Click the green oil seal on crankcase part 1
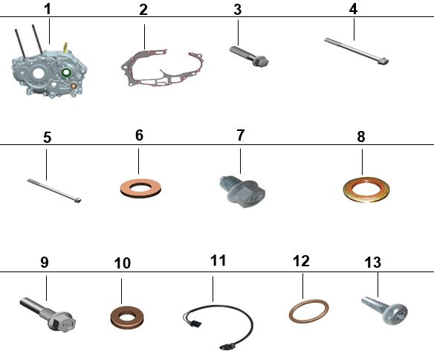[66, 73]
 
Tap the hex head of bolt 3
[260, 61]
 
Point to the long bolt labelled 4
[357, 51]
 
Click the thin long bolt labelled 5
[54, 190]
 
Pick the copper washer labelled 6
[141, 188]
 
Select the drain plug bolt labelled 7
[243, 192]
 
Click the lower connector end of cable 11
[227, 346]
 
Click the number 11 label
[218, 260]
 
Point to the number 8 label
[361, 137]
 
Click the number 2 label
[143, 10]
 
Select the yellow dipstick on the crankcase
[65, 47]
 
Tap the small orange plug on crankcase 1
[74, 86]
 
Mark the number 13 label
[373, 263]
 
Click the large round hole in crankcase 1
[38, 73]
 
